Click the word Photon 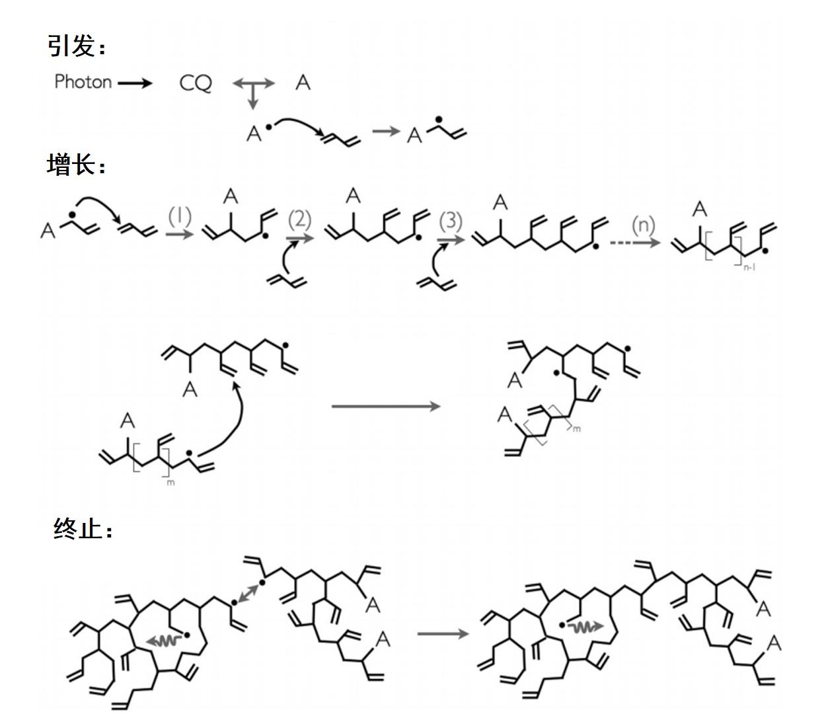tap(83, 82)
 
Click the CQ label tap(196, 83)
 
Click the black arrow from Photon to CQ tap(135, 83)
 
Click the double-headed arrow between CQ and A tap(254, 83)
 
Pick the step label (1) tap(179, 216)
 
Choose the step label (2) tap(299, 219)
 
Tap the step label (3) tap(451, 220)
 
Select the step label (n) tap(642, 225)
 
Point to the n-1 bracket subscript tap(749, 268)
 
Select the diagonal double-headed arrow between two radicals tap(248, 592)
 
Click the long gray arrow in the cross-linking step tap(386, 406)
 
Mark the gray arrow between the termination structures tap(443, 634)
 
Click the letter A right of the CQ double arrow tap(303, 83)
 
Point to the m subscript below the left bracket tap(172, 483)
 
